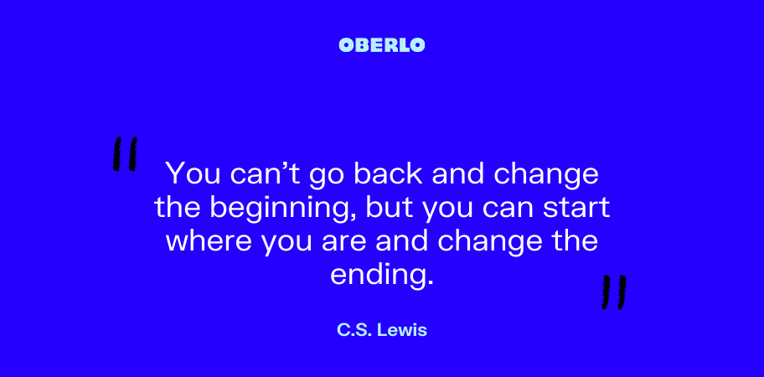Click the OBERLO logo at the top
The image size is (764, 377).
[381, 45]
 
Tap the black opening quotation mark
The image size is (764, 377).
[125, 154]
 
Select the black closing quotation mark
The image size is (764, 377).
[614, 292]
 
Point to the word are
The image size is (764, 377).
[341, 244]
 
